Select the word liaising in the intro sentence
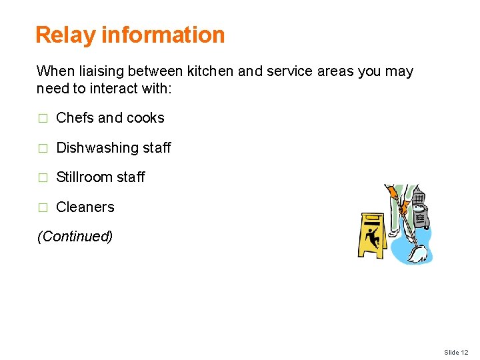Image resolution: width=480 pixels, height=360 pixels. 98,71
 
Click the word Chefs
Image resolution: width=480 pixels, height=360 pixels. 75,118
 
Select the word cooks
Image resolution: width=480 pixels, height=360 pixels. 145,118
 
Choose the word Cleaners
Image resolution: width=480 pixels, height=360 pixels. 85,207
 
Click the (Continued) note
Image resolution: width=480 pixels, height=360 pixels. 75,237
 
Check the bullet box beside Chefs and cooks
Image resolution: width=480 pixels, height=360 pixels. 42,119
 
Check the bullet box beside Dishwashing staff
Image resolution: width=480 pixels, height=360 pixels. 42,149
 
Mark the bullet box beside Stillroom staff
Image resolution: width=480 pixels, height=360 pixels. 42,178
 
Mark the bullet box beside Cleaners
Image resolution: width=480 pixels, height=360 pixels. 42,208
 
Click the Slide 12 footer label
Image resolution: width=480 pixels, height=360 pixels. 456,352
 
